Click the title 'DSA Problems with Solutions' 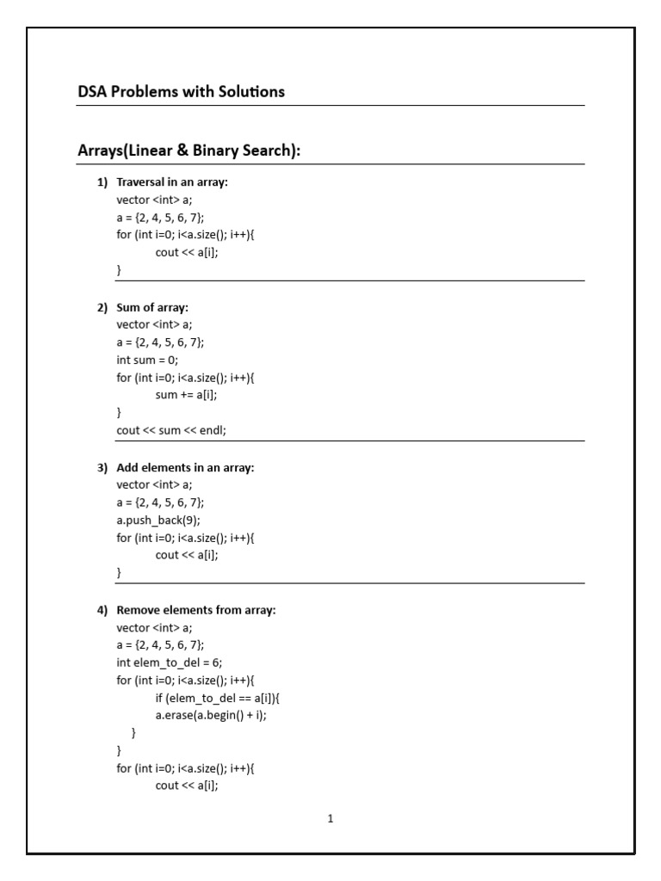pyautogui.click(x=181, y=91)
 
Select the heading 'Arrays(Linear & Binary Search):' pyautogui.click(x=189, y=151)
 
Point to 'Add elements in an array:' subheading pyautogui.click(x=185, y=467)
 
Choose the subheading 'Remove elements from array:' pyautogui.click(x=195, y=610)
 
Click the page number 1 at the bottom pyautogui.click(x=330, y=819)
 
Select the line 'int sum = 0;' pyautogui.click(x=147, y=360)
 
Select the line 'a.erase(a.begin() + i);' pyautogui.click(x=211, y=715)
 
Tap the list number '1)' pyautogui.click(x=102, y=182)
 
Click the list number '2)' pyautogui.click(x=102, y=307)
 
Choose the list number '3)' pyautogui.click(x=102, y=467)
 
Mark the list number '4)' pyautogui.click(x=102, y=610)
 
